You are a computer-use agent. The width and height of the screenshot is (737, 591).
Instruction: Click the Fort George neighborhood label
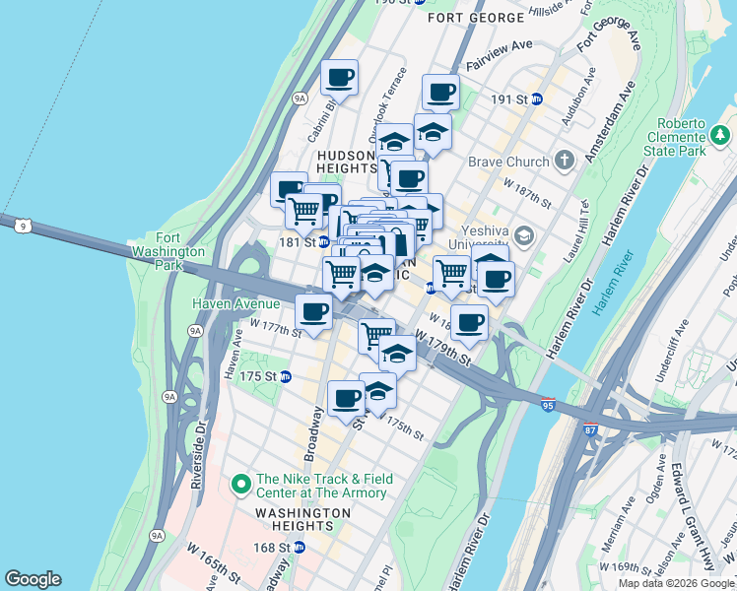coord(476,18)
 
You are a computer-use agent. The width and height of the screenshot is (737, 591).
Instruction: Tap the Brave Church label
coord(507,161)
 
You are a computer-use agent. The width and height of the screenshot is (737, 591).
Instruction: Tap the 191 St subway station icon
coord(537,99)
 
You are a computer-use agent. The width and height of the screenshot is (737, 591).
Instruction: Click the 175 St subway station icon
coord(286,376)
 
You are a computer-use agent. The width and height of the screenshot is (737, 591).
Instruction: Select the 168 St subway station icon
coord(299,547)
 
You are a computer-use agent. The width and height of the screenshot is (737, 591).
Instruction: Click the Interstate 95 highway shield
coord(549,404)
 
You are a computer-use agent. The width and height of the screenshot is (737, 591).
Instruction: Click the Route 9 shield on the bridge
coord(22,226)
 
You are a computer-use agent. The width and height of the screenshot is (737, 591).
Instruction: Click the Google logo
coord(33,579)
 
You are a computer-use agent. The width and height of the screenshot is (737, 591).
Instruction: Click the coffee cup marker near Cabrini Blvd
coord(340,76)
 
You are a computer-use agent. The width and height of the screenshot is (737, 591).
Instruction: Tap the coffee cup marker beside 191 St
coord(441,92)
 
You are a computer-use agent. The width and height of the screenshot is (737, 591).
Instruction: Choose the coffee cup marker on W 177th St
coord(314,311)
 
